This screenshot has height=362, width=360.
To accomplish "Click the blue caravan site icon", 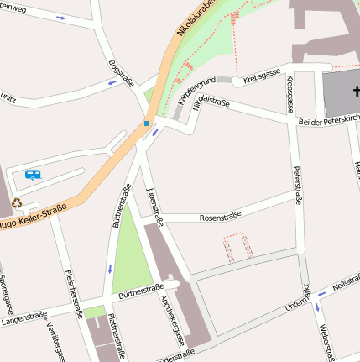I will point(33,175).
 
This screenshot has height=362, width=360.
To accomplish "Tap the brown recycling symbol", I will point(16,202).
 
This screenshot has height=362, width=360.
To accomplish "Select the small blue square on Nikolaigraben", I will point(147,124).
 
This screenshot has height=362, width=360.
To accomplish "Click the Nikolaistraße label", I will point(211,104).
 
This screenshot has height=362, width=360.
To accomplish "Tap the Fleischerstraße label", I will point(74,287).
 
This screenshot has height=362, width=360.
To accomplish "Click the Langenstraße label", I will point(23,317).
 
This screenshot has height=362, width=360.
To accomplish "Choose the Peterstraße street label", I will point(297,186).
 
